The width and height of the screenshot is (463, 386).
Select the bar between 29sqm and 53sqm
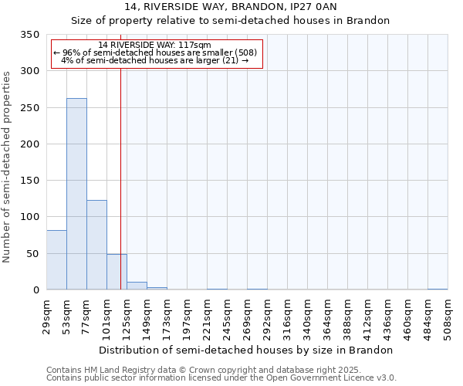coord(56,260)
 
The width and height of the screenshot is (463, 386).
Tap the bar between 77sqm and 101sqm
coord(96,245)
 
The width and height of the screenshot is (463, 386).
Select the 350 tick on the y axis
coord(29,35)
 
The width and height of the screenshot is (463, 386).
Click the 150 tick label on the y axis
coord(29,181)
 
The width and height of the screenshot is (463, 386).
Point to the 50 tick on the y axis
coord(32,254)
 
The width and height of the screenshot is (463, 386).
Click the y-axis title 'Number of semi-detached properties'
coord(8,166)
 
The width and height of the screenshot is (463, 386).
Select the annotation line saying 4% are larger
coord(154,60)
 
